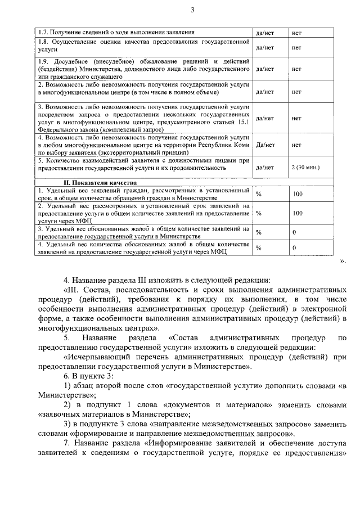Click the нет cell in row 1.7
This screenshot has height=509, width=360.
296,33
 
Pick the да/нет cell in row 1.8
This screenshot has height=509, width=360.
264,47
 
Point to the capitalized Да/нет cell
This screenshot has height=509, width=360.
264,144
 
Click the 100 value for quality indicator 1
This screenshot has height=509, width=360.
298,194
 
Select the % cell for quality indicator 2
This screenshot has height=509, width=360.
259,213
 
